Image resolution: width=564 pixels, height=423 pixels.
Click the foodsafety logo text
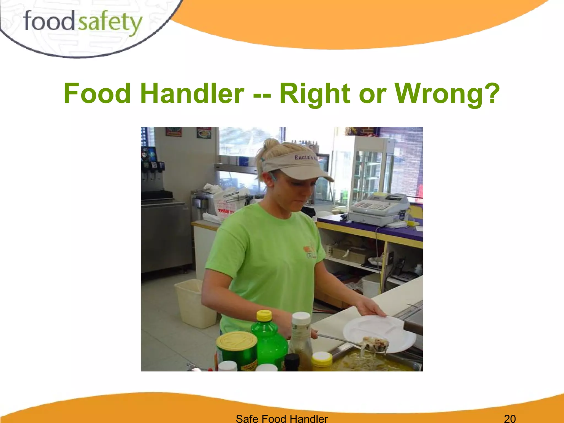83,22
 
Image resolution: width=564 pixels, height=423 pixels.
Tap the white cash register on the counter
379,208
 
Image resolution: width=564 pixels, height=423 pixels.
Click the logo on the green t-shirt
310,251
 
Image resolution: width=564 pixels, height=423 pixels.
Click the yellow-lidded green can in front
237,350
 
